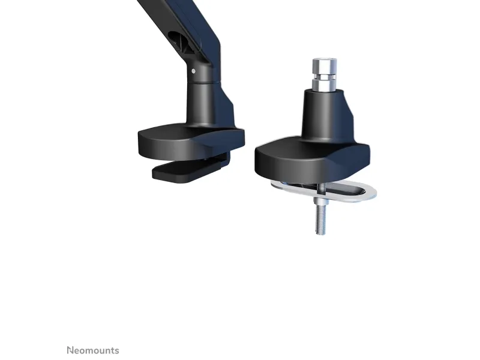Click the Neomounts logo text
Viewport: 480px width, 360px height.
93,350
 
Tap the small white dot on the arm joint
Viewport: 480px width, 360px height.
193,71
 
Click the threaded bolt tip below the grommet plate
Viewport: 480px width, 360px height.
319,231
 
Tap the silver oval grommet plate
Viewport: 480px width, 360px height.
325,191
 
